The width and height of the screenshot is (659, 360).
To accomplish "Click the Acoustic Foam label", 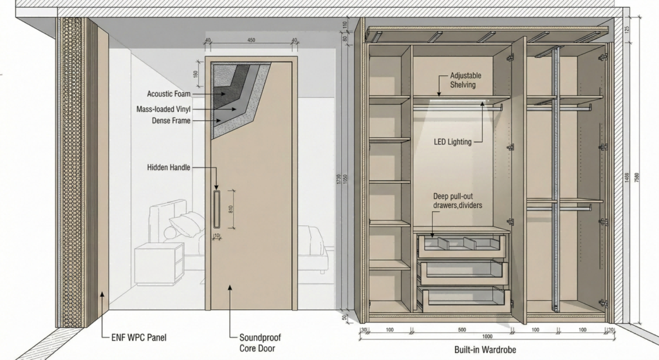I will tap(169, 94).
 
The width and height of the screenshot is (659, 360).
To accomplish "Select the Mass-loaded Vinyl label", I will tap(163, 109).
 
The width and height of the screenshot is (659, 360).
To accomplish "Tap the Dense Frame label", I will tap(171, 120).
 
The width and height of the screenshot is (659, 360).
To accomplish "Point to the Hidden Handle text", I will tap(169, 167).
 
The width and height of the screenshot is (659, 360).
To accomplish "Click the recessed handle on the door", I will tap(216, 209).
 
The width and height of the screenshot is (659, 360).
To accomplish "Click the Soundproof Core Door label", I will tap(259, 342).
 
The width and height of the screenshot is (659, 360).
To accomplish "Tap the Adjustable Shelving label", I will tap(465, 80).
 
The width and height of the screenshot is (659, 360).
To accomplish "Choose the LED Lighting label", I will tap(453, 142).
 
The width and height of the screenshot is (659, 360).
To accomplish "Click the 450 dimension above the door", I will tap(251, 41).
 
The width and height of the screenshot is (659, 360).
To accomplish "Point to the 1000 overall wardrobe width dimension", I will tap(487, 337).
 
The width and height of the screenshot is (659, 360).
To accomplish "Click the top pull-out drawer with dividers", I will tap(461, 245).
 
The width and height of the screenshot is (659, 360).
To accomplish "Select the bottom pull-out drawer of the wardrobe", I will tap(461, 296).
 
